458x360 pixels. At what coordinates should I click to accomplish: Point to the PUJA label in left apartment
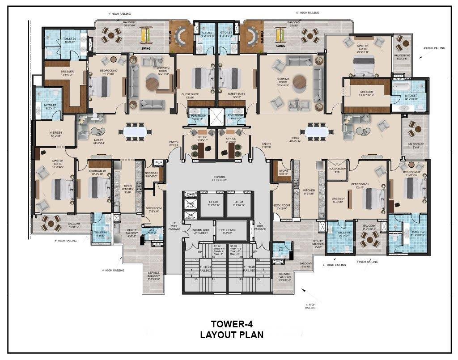(x=159, y=163)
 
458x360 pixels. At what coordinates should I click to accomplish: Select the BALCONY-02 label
(x=416, y=145)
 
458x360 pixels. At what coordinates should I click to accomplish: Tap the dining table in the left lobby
(x=135, y=131)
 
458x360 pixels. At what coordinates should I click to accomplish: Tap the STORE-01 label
(x=152, y=174)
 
